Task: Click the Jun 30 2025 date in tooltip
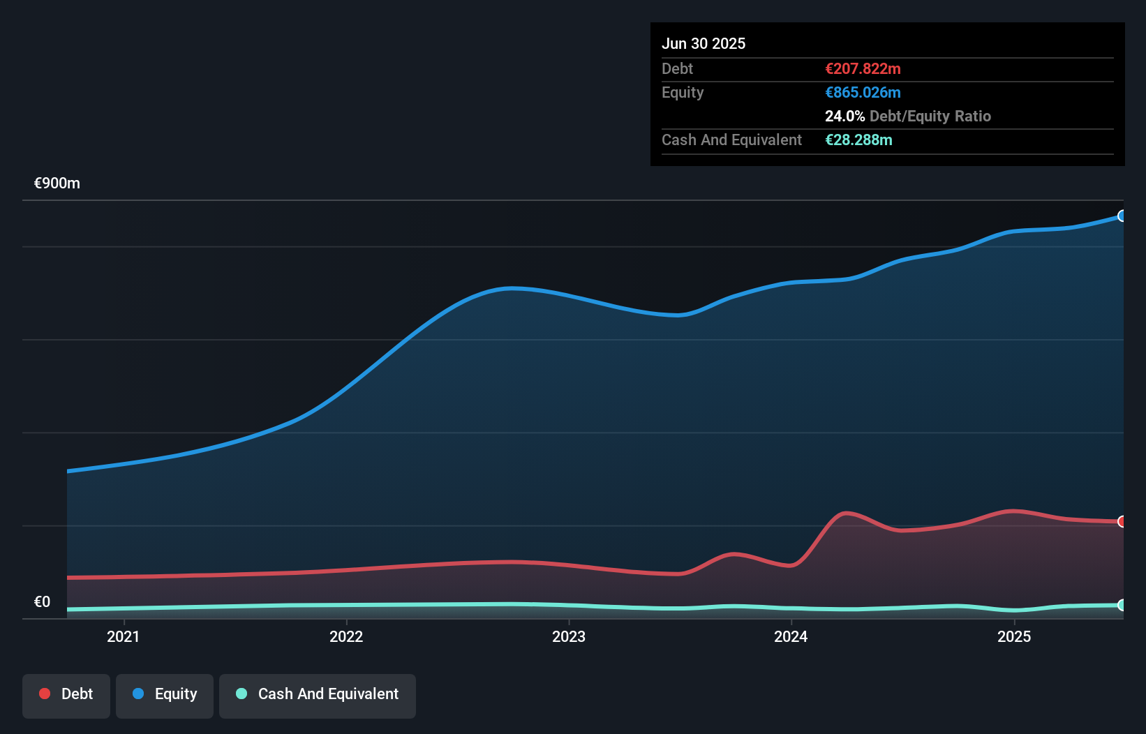point(703,43)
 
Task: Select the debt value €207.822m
point(863,68)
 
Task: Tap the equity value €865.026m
point(863,92)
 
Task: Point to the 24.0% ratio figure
point(844,116)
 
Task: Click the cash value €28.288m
point(858,140)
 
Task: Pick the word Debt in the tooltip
point(677,68)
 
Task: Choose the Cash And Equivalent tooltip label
point(731,140)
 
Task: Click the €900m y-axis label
point(57,183)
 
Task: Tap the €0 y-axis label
point(43,601)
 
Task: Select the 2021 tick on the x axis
point(124,636)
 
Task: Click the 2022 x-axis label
point(346,636)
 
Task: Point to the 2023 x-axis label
point(569,636)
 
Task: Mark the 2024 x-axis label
point(791,636)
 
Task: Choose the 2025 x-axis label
point(1013,636)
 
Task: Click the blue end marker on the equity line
point(1122,216)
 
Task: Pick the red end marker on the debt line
point(1122,522)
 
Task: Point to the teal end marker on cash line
point(1122,605)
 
